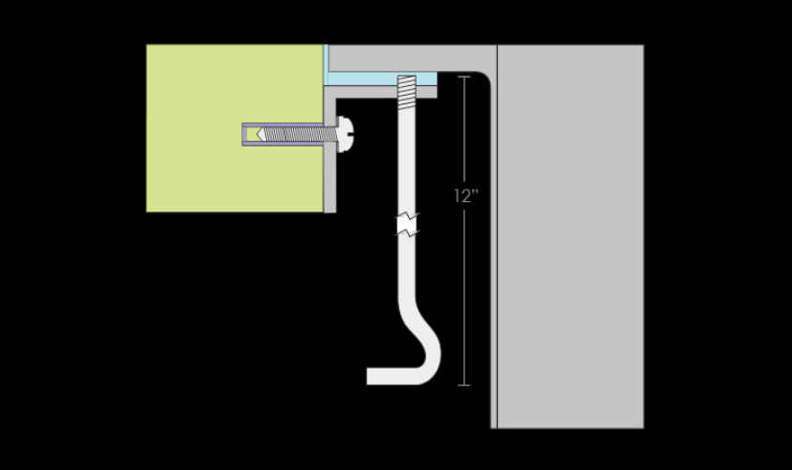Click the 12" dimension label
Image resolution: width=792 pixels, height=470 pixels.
465,196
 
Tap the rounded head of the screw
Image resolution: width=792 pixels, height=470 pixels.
345,134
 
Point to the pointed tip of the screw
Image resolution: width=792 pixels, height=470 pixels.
259,134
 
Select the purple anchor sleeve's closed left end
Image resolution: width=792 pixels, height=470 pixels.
244,134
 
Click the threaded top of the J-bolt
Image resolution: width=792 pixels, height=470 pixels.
407,93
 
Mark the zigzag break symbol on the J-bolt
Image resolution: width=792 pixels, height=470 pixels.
407,224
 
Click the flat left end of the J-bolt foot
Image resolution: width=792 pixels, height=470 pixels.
368,376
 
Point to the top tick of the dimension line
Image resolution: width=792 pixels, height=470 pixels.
464,77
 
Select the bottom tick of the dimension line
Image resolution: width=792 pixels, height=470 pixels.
464,385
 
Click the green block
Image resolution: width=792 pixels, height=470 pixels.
235,128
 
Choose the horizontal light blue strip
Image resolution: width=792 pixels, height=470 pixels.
382,78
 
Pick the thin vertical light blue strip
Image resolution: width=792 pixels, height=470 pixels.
326,65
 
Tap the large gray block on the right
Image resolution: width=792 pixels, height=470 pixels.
571,236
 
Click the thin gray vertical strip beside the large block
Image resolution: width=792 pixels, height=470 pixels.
494,253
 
